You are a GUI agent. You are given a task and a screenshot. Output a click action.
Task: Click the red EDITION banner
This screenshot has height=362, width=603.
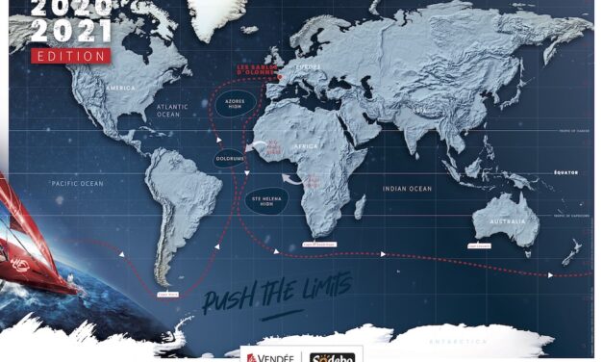pyautogui.click(x=70, y=56)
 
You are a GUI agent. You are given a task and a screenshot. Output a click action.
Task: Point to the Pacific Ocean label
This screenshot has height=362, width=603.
pyautogui.click(x=79, y=182)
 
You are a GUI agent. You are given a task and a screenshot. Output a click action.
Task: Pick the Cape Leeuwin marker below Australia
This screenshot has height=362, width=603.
pyautogui.click(x=484, y=246)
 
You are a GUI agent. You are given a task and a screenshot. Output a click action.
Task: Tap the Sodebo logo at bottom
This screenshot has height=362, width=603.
pyautogui.click(x=337, y=353)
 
